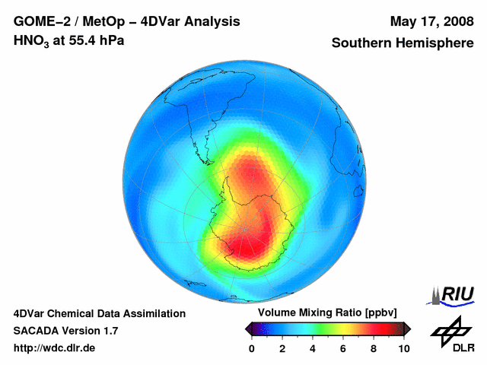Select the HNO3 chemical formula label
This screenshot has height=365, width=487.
point(31,41)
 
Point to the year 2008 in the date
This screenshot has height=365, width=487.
point(455,21)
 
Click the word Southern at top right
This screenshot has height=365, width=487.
point(364,43)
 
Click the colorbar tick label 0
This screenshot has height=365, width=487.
point(252,348)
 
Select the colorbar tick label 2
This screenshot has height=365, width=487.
point(282,348)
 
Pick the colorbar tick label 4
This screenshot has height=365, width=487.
point(313,348)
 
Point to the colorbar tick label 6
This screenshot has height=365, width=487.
point(343,348)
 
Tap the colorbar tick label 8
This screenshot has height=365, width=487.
point(374,348)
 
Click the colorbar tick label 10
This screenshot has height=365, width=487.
point(404,348)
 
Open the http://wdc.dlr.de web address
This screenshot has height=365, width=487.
point(55,348)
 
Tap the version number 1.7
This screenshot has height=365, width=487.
point(108,331)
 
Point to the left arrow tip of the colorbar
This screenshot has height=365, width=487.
point(247,328)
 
